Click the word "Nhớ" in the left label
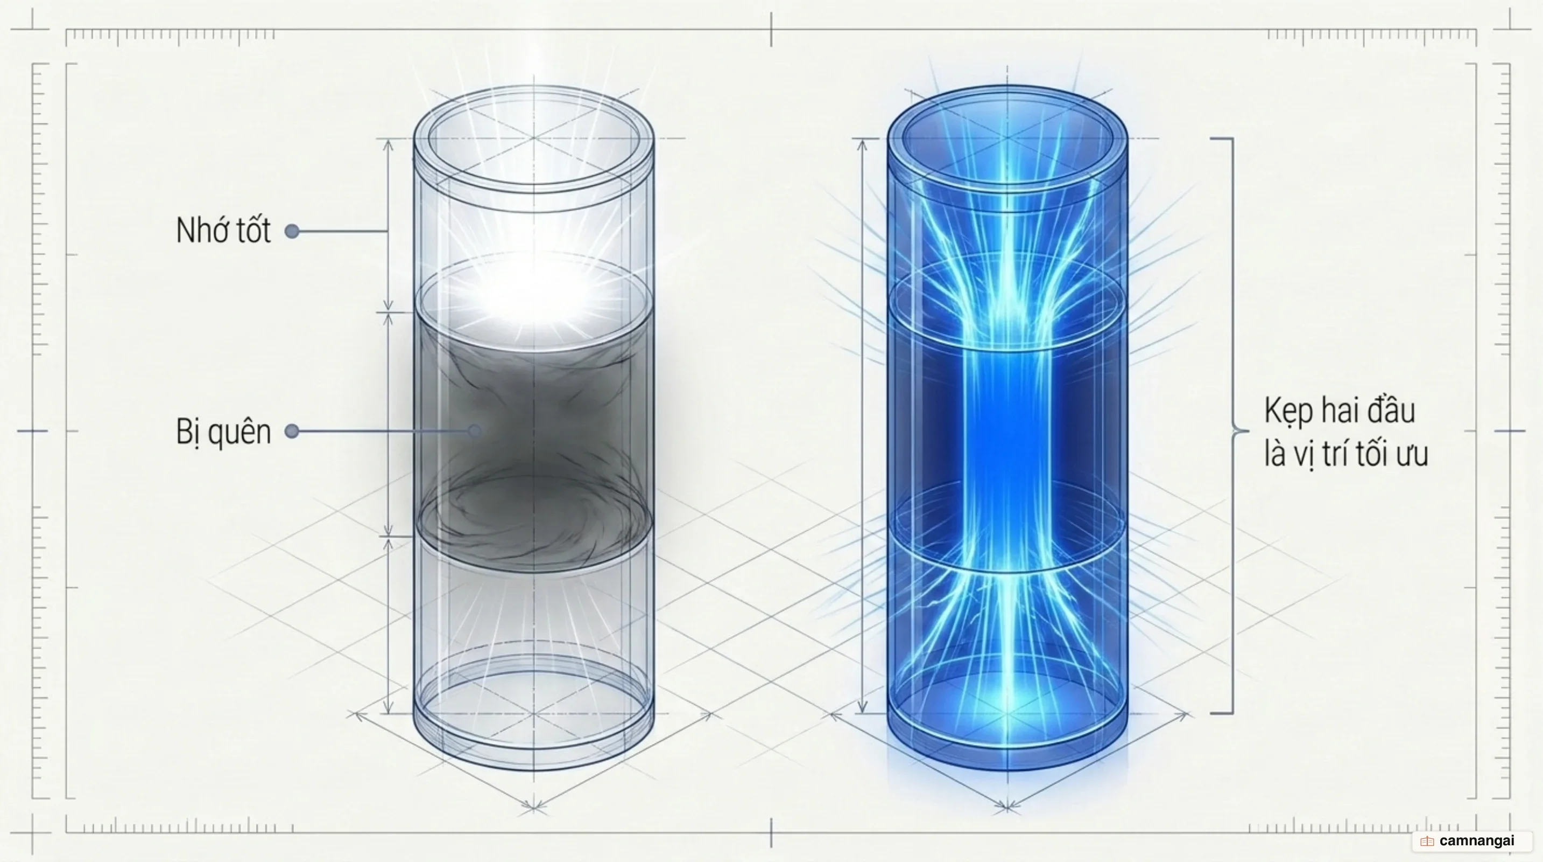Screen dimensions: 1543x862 point(200,230)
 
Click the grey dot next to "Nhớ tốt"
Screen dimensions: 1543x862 point(292,231)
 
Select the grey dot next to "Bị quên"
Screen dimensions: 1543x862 point(292,431)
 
